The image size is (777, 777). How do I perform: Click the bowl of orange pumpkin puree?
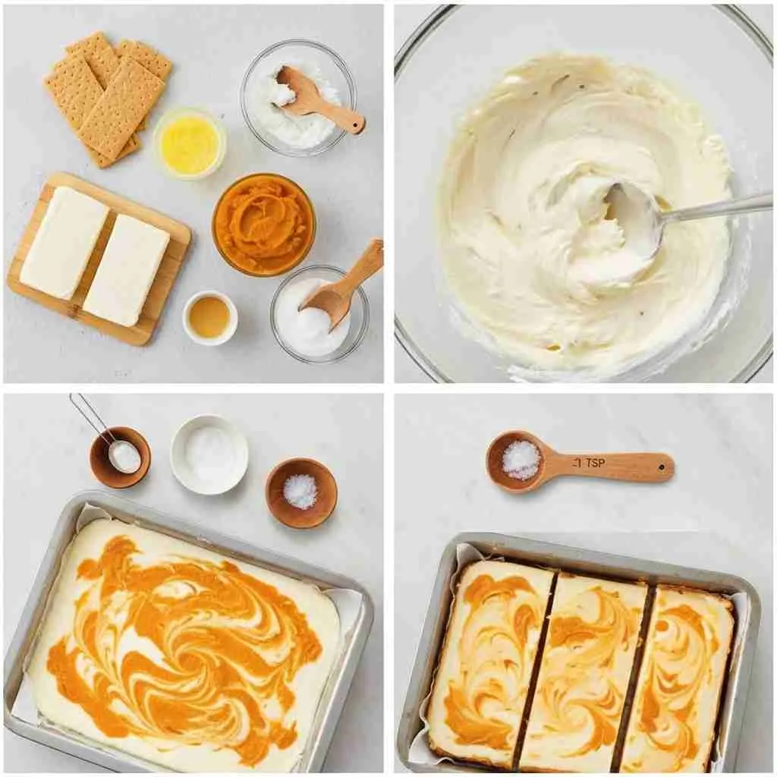click(x=263, y=225)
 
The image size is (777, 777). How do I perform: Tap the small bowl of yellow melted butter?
click(x=190, y=143)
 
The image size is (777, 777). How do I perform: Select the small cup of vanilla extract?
click(x=210, y=317)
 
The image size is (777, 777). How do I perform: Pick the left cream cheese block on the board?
click(x=64, y=242)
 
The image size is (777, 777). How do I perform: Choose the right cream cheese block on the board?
click(x=127, y=270)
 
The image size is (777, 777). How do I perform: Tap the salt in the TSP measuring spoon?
click(x=521, y=460)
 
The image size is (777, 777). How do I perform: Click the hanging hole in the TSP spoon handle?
click(x=662, y=467)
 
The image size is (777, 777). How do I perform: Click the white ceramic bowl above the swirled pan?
click(x=209, y=455)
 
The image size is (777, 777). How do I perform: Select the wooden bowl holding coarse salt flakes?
click(x=301, y=493)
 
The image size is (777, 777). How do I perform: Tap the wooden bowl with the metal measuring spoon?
click(x=120, y=457)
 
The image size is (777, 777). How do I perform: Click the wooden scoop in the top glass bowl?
click(x=317, y=99)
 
